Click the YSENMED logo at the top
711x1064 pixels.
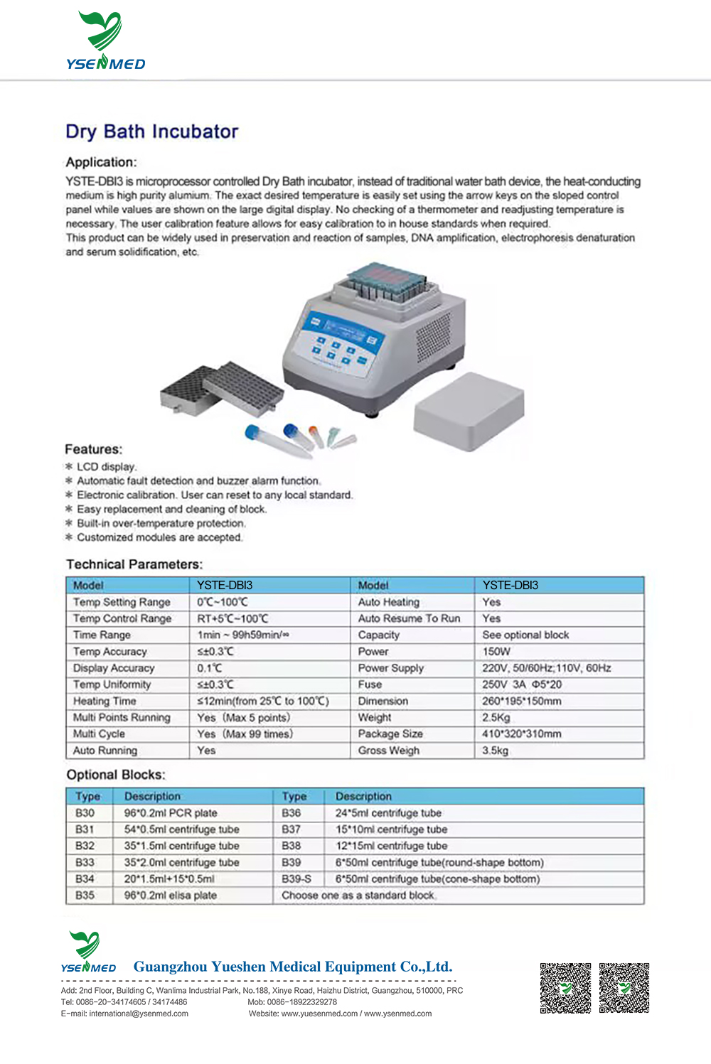click(105, 41)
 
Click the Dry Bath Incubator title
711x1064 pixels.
click(151, 131)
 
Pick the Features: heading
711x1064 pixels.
click(93, 449)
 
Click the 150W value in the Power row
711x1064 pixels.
click(496, 651)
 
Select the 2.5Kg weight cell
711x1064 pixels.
click(496, 717)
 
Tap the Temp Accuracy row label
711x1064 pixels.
click(109, 651)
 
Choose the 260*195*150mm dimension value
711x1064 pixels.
click(521, 701)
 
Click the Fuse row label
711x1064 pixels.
click(370, 684)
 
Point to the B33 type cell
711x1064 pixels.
click(85, 862)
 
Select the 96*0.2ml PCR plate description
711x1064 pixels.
click(171, 813)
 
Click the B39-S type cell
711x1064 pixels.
click(296, 878)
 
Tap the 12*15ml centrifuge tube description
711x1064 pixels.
click(391, 846)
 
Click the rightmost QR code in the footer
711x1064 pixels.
click(624, 987)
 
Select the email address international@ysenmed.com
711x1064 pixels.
click(139, 1014)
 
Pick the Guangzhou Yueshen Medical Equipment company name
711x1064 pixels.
click(292, 967)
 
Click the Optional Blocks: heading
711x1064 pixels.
click(115, 775)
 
